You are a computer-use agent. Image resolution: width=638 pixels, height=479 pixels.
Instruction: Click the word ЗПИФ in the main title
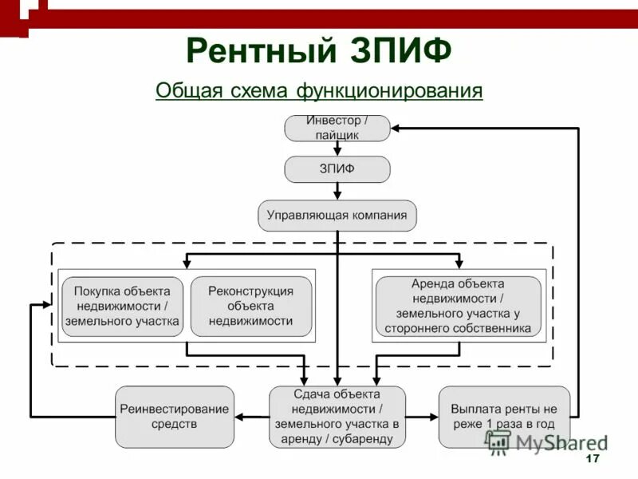click(401, 51)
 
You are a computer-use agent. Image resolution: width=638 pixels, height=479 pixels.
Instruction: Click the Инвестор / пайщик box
click(337, 128)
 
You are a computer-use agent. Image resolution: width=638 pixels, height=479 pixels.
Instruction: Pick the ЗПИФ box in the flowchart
click(337, 169)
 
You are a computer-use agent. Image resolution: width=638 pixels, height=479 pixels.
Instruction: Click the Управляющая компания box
click(337, 216)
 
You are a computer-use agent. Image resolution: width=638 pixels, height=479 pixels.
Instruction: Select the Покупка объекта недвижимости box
click(121, 307)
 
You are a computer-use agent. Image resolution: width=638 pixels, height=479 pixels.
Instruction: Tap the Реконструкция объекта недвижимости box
click(250, 307)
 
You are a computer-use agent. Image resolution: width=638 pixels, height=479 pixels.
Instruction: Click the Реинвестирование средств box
click(175, 417)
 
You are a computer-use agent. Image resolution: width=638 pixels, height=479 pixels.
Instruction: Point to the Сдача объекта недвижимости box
click(337, 417)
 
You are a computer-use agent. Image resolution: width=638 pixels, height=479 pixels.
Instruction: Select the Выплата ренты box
click(504, 417)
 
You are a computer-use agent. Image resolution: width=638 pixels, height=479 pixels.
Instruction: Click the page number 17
click(592, 459)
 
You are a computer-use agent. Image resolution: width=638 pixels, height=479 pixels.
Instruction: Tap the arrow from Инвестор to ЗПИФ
click(337, 148)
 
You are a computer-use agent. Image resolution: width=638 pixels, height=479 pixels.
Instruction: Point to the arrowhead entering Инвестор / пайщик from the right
click(396, 128)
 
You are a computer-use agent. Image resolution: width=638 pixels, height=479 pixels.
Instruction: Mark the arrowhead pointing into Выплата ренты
click(433, 417)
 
